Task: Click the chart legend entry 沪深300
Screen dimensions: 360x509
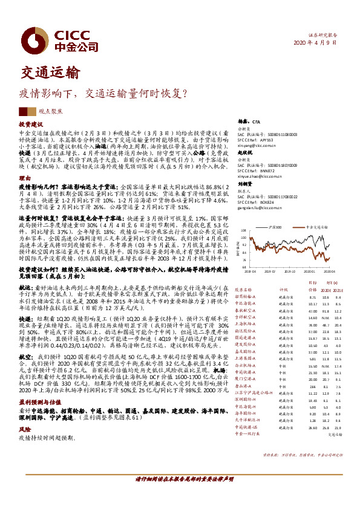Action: click(x=274, y=225)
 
